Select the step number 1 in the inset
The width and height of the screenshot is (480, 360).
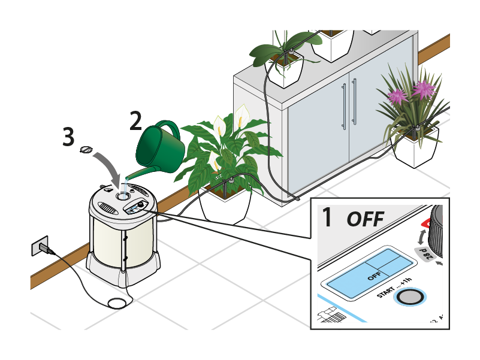(327, 217)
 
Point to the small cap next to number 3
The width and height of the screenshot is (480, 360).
(87, 149)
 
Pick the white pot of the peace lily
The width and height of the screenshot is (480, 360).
(223, 205)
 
